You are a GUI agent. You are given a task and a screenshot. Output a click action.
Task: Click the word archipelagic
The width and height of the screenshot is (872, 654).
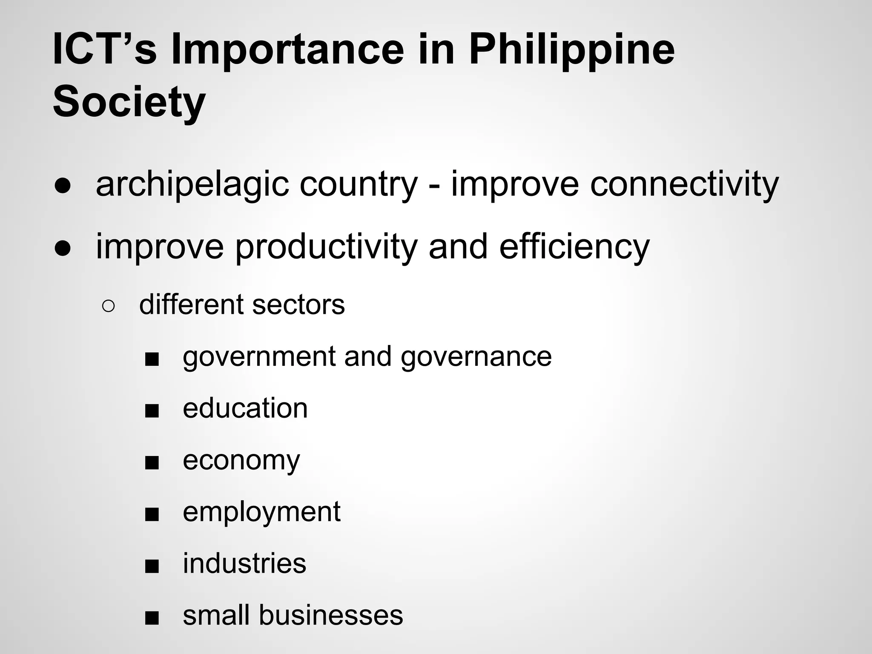(x=192, y=185)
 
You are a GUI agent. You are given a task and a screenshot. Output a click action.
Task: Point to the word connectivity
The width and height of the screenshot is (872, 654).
(x=684, y=185)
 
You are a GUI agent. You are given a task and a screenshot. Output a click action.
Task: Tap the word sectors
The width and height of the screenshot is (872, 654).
(x=298, y=305)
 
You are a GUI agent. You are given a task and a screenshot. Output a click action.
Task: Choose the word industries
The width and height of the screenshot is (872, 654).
(x=244, y=563)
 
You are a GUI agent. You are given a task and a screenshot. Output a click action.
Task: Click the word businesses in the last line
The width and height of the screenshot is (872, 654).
(x=330, y=615)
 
